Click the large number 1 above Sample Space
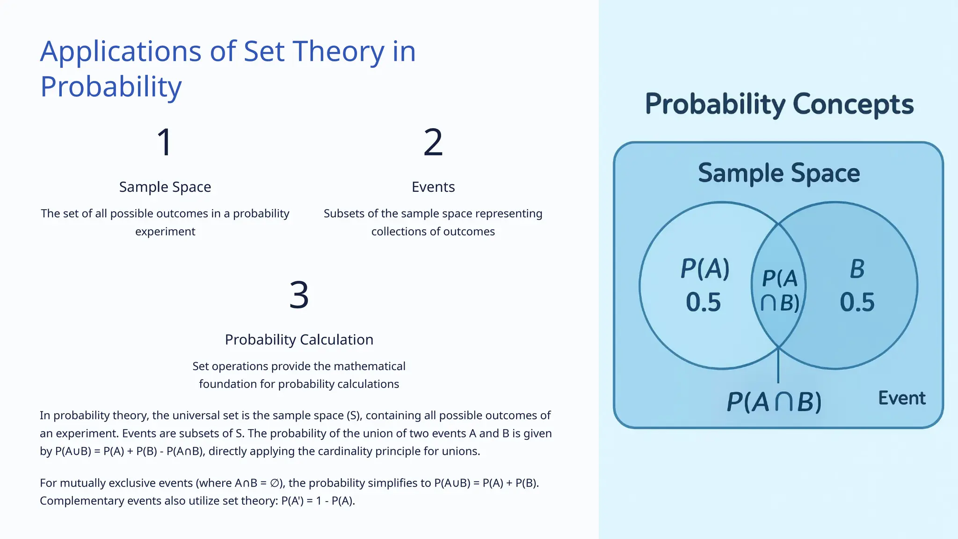point(165,142)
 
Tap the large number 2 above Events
point(433,142)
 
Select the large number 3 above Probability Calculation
point(299,295)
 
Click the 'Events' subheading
point(433,187)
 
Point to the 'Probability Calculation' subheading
point(299,339)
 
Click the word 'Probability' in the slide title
point(111,87)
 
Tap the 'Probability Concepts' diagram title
point(779,104)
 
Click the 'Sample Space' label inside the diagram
point(779,173)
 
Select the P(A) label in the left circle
point(705,269)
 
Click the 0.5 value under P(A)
point(703,302)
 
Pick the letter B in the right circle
point(857,269)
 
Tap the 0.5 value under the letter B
point(857,302)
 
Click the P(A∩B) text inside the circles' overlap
point(779,291)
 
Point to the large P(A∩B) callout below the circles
point(774,401)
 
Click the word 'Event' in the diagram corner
point(901,398)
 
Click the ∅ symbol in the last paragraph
point(275,483)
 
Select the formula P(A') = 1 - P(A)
point(318,501)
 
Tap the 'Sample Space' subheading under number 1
point(165,187)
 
